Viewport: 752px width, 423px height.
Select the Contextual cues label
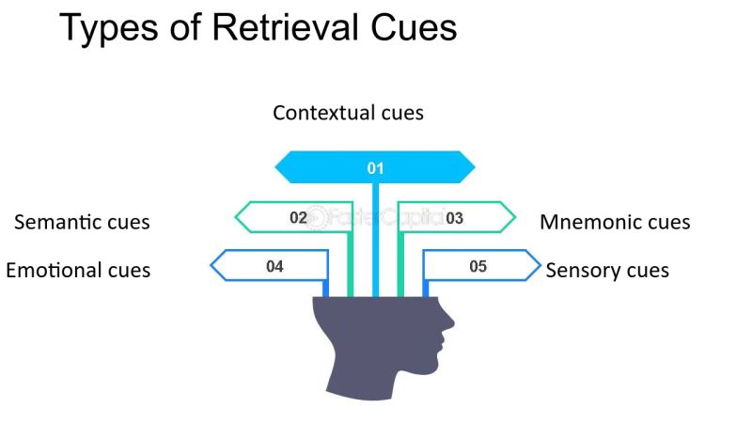click(x=348, y=113)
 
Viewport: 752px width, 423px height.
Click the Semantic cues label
click(x=82, y=223)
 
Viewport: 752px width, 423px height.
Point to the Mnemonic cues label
click(x=615, y=223)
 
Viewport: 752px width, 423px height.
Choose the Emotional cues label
click(x=78, y=271)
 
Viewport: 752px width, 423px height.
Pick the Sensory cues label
click(x=607, y=271)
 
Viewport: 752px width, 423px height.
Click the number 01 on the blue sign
click(x=375, y=168)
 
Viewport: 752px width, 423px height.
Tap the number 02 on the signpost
click(x=298, y=217)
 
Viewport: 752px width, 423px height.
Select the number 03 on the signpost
click(x=454, y=217)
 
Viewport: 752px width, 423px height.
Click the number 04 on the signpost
click(x=274, y=266)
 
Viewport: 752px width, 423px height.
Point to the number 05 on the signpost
click(x=478, y=266)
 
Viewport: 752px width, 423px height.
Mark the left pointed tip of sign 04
click(x=211, y=266)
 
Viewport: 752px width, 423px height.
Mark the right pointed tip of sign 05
click(x=540, y=266)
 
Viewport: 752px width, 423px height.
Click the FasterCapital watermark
click(x=376, y=217)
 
